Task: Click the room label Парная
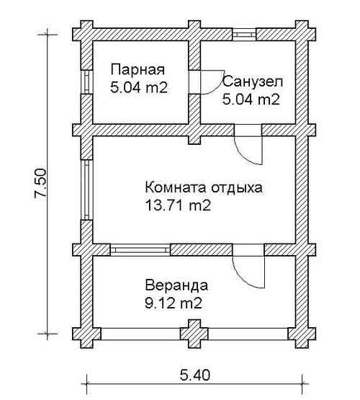[138, 70]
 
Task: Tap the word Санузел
[253, 82]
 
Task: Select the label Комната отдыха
[204, 187]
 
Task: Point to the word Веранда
[176, 285]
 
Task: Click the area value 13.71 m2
[178, 205]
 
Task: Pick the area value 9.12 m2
[174, 303]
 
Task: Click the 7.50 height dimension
[40, 183]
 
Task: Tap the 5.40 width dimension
[195, 375]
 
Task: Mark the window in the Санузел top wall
[244, 35]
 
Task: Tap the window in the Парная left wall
[87, 81]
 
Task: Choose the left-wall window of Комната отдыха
[86, 190]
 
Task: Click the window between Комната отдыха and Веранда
[140, 250]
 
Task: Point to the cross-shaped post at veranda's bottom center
[194, 334]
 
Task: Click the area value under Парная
[139, 88]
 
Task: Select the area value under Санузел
[251, 99]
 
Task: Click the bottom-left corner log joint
[87, 334]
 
